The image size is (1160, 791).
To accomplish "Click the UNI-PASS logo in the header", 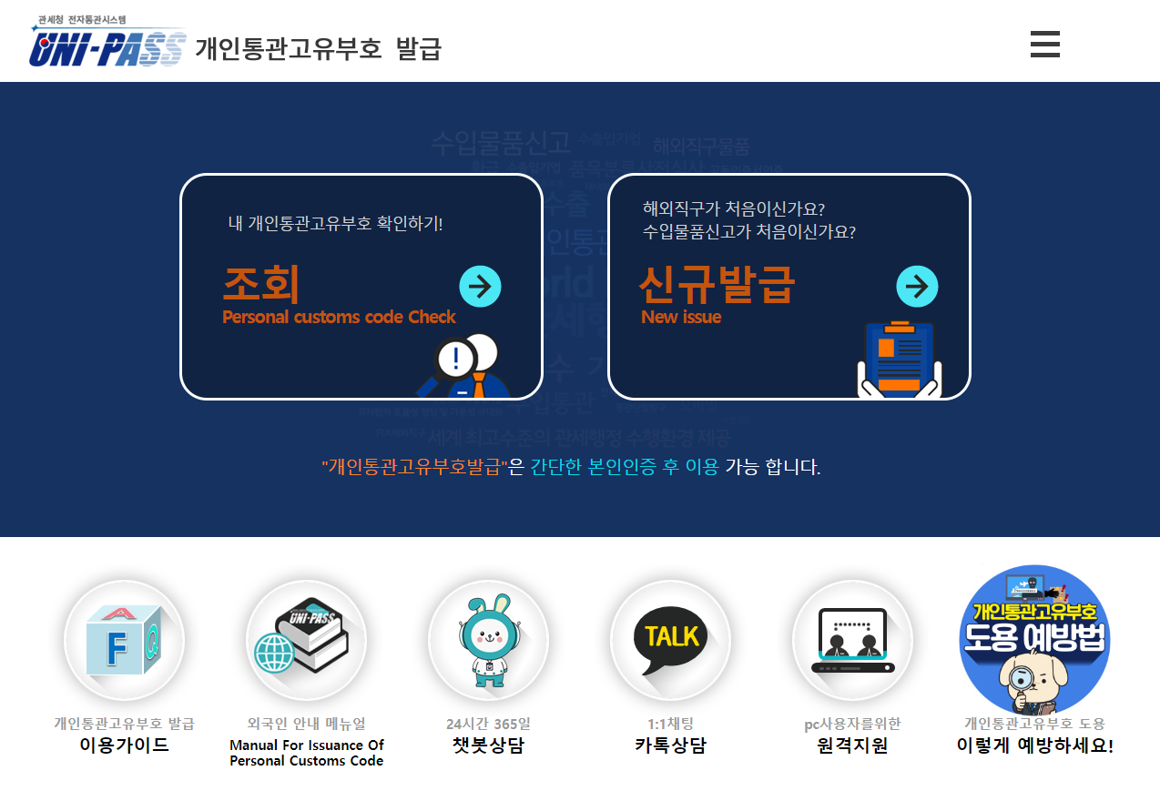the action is (107, 46).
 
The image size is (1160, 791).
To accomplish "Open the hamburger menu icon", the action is (1044, 44).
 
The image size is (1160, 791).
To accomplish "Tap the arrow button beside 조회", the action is (480, 287).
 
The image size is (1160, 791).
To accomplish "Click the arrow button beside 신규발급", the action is (917, 287).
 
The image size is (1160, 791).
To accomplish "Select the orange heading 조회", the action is (261, 285).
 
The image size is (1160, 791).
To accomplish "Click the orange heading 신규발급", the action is (717, 285).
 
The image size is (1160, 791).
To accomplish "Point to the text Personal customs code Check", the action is (339, 318).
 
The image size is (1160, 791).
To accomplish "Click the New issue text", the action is (681, 318).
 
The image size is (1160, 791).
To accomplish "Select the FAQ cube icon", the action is (124, 640).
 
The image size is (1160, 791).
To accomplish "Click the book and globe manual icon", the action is (306, 640).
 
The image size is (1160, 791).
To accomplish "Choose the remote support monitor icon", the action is (852, 640).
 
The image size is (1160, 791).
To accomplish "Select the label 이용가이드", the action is (124, 745).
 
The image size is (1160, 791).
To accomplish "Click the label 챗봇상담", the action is (488, 745).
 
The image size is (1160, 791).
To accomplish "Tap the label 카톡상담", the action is (670, 745).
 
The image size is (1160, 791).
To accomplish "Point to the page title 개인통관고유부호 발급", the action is (318, 48).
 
